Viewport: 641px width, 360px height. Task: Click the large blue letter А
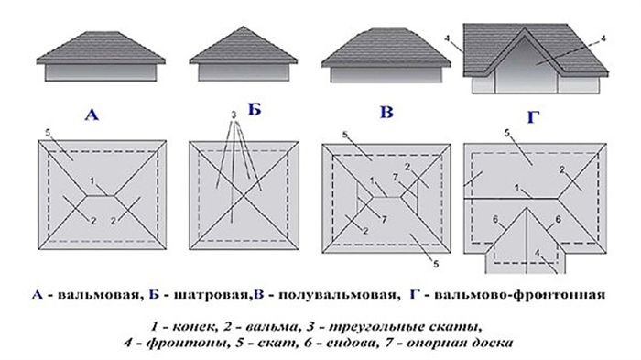pyautogui.click(x=92, y=115)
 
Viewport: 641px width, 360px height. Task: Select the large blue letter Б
pyautogui.click(x=255, y=109)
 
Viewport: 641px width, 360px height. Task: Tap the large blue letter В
pyautogui.click(x=386, y=112)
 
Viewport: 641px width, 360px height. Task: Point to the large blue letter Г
pyautogui.click(x=533, y=117)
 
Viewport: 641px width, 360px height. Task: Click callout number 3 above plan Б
pyautogui.click(x=234, y=115)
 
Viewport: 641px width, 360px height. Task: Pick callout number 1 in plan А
pyautogui.click(x=92, y=180)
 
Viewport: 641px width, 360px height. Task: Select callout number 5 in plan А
pyautogui.click(x=48, y=133)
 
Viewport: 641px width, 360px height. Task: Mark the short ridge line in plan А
pyautogui.click(x=101, y=196)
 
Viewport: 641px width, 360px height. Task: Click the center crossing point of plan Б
pyautogui.click(x=244, y=195)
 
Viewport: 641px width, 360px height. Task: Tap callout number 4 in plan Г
pyautogui.click(x=538, y=253)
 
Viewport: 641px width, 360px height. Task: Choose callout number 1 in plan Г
pyautogui.click(x=516, y=188)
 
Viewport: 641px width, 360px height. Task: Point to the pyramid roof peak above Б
pyautogui.click(x=244, y=27)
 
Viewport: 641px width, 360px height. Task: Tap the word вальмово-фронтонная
pyautogui.click(x=519, y=295)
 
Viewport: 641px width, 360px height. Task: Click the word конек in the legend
pyautogui.click(x=192, y=327)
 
